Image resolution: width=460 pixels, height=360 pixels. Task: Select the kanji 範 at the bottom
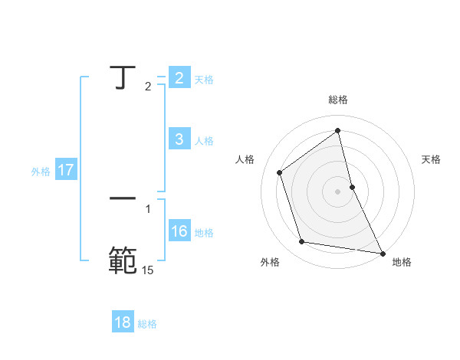point(122,260)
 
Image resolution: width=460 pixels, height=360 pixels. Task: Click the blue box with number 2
point(179,77)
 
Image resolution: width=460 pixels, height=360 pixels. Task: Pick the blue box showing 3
point(179,139)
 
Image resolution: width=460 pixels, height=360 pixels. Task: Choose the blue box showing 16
point(179,231)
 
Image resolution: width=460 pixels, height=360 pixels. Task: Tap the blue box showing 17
point(66,169)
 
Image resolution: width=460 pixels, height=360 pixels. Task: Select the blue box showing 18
point(123,322)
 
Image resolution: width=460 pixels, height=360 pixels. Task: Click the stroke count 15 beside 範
point(148,270)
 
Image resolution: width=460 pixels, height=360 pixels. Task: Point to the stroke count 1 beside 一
point(148,208)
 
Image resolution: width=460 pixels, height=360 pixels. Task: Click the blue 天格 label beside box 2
point(204,79)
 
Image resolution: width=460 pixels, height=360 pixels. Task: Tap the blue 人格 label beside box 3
point(204,140)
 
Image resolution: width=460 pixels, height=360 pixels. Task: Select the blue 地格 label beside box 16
point(204,232)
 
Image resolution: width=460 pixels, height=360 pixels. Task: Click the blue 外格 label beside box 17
point(41,172)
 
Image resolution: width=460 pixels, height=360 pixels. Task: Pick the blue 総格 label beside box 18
point(148,324)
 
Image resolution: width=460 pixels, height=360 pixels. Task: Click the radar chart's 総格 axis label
point(338,100)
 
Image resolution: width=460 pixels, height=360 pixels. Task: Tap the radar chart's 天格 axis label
point(432,159)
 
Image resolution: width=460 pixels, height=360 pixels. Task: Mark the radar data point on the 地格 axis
point(383,253)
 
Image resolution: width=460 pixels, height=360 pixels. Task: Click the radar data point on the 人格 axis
point(279,172)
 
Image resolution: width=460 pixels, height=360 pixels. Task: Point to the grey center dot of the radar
point(338,191)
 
